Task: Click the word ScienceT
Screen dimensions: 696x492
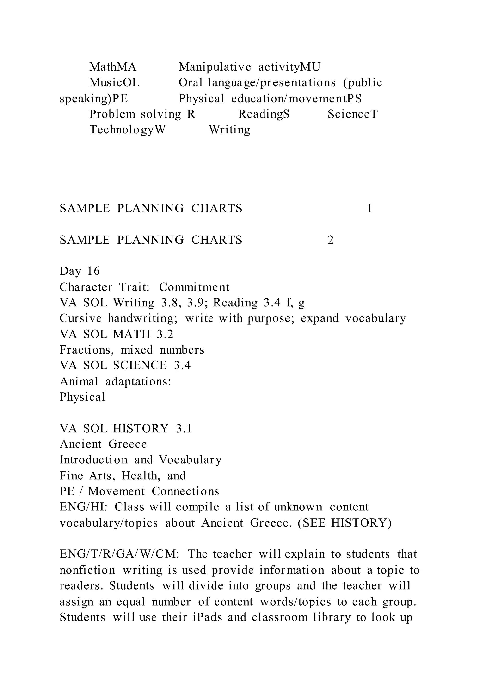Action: [353, 114]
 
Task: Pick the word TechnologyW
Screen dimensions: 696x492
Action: [128, 130]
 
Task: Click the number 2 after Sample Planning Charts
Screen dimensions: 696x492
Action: [330, 240]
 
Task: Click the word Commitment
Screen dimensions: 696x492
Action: [194, 287]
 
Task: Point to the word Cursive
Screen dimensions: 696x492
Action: [80, 318]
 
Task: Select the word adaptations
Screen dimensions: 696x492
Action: [138, 381]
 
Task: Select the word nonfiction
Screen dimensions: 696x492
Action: [87, 570]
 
